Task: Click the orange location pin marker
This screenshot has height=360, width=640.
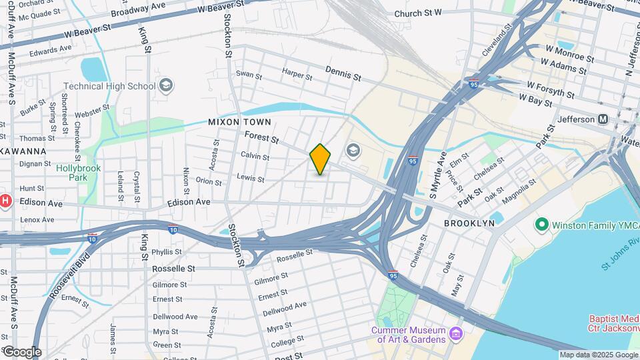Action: tap(320, 159)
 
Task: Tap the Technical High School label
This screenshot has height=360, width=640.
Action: tap(109, 86)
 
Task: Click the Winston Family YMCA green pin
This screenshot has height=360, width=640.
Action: tap(541, 225)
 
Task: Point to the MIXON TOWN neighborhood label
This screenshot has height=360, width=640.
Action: tap(239, 122)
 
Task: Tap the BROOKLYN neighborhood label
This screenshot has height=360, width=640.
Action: tap(469, 223)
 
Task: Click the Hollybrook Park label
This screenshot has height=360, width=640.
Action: tap(78, 173)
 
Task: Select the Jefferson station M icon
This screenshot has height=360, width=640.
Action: tap(603, 119)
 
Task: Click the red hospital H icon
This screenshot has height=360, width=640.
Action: tap(5, 201)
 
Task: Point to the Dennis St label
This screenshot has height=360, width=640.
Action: tap(343, 73)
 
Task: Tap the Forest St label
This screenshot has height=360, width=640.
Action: tap(261, 137)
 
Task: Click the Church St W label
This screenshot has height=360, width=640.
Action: tap(418, 13)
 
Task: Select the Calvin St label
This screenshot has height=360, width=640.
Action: tap(255, 156)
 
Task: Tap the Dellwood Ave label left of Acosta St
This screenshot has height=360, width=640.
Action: tap(175, 317)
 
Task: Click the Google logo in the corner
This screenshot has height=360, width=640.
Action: tap(21, 351)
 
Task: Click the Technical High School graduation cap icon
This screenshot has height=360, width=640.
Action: tap(166, 85)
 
